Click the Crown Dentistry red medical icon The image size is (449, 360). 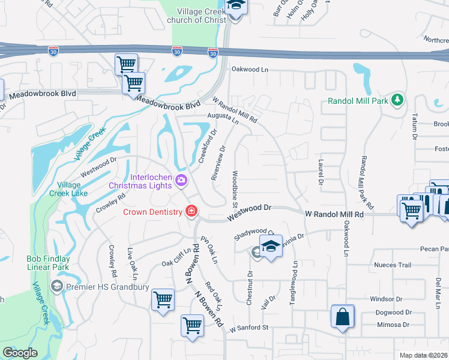[191, 211]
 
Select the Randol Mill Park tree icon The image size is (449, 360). [396, 100]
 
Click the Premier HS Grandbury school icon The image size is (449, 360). [57, 286]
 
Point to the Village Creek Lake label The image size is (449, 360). [72, 189]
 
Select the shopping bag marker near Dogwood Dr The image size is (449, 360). [342, 317]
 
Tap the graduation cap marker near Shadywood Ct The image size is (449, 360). [271, 247]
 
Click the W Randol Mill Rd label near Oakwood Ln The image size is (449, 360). [334, 214]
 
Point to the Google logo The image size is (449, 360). [20, 352]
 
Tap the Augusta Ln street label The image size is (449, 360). [223, 117]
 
